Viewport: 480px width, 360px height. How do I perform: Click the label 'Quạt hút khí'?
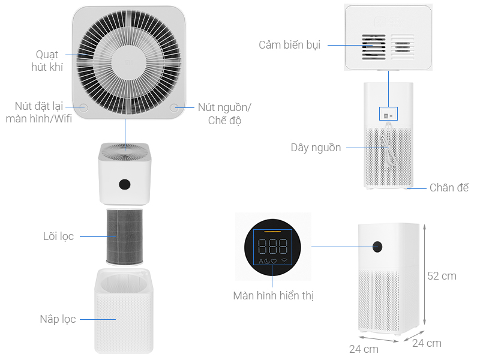tap(47, 61)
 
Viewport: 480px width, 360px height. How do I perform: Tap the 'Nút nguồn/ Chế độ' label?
tap(224, 113)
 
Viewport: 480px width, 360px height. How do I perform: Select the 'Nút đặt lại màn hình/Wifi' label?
tap(39, 112)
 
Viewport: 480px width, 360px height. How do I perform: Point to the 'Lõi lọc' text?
tap(59, 236)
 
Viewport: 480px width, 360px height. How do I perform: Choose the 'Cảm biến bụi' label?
tap(289, 45)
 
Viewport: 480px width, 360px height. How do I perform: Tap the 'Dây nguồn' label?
tap(316, 148)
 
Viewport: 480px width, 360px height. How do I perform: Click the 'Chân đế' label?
tap(449, 188)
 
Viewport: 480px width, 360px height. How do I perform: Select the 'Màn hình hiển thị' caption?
tap(273, 296)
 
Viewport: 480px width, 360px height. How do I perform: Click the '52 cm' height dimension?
tap(442, 276)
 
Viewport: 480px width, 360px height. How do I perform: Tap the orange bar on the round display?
tap(273, 230)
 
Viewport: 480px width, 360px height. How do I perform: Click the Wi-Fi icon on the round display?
tap(284, 261)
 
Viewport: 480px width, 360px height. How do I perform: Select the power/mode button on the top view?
tap(175, 108)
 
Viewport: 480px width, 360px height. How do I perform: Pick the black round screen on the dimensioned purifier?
tap(377, 246)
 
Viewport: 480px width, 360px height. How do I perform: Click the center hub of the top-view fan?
tap(128, 60)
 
